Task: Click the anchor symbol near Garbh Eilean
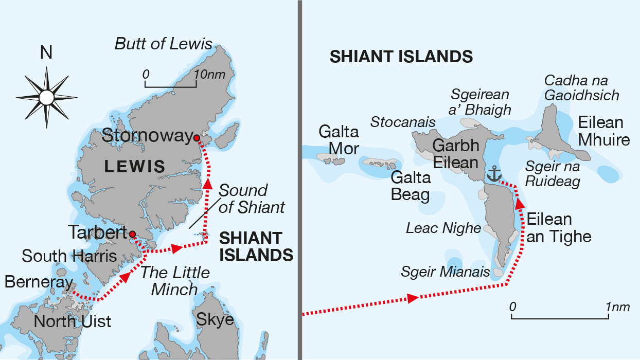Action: (494, 174)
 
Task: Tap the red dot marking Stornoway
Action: (197, 137)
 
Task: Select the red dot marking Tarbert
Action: (132, 234)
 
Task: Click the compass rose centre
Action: (46, 97)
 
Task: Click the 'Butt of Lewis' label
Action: (163, 44)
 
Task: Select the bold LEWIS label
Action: (134, 166)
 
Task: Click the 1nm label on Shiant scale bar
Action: (618, 307)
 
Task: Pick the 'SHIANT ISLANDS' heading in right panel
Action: (401, 57)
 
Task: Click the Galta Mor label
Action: (338, 140)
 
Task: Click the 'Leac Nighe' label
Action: (443, 228)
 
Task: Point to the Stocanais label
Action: (403, 122)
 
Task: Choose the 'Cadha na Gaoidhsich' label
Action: (581, 88)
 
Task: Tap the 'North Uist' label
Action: (72, 321)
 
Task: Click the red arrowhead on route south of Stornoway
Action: (207, 185)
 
